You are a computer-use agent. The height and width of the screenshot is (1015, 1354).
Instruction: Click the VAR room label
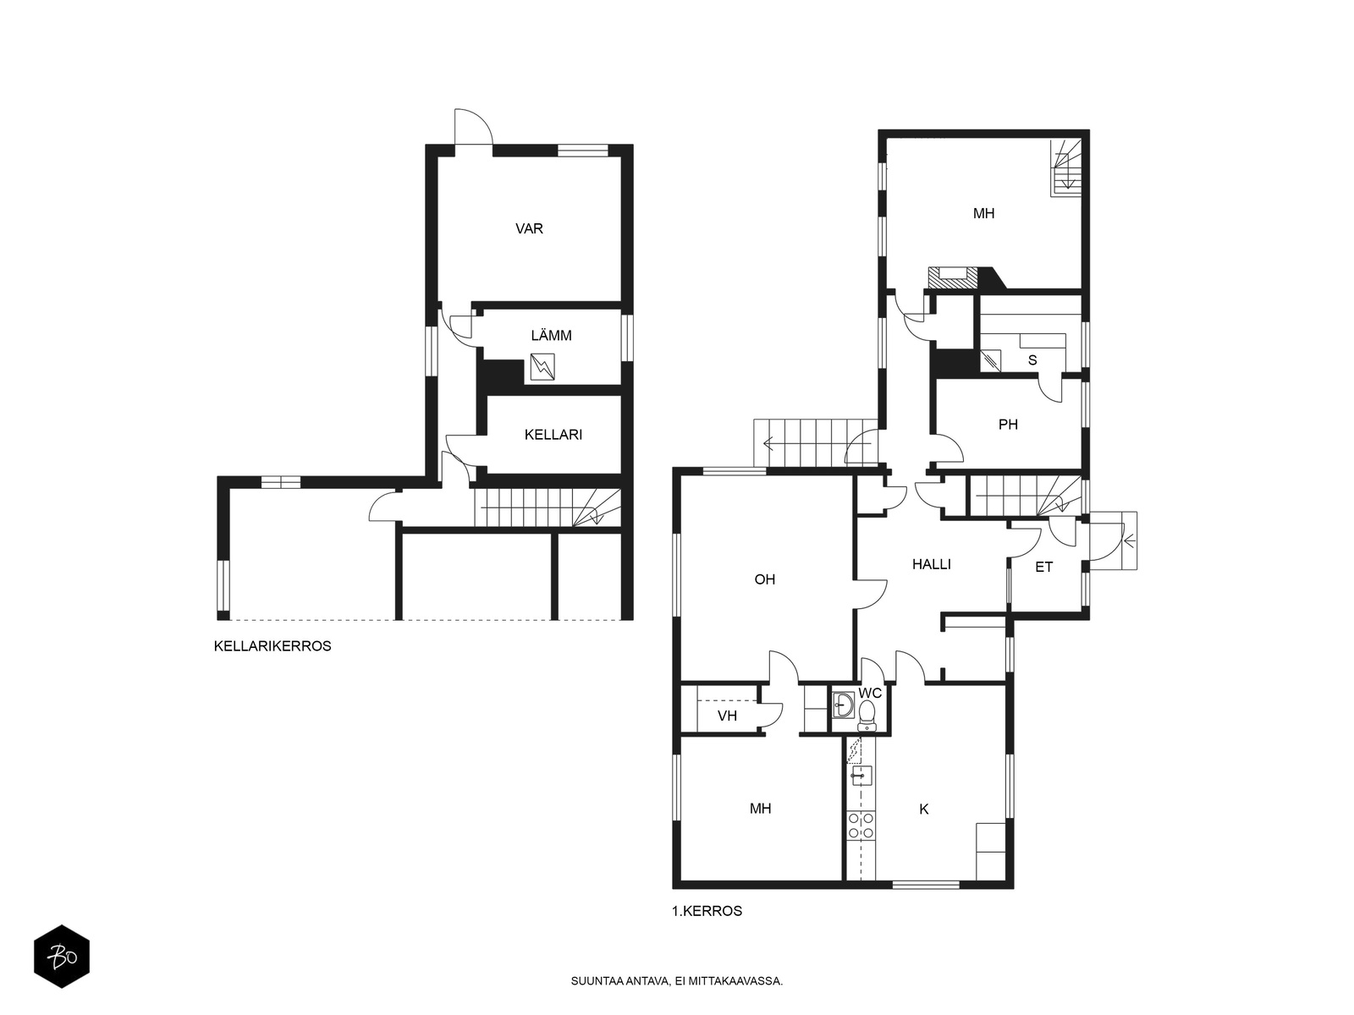[x=529, y=228]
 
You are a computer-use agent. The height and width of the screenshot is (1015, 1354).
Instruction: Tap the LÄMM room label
[x=551, y=335]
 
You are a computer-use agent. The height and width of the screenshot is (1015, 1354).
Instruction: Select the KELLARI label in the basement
[x=553, y=435]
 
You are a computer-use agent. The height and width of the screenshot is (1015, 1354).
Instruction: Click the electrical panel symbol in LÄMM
[x=542, y=367]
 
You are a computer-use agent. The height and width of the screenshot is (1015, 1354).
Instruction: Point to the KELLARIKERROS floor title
[x=272, y=646]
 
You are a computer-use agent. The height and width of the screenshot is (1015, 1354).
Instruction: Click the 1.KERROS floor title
[x=707, y=911]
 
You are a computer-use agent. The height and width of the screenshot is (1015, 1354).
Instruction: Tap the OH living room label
[x=765, y=579]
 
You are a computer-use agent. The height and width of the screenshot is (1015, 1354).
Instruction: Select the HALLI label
[x=932, y=564]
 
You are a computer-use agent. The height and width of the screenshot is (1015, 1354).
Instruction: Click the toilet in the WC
[x=867, y=716]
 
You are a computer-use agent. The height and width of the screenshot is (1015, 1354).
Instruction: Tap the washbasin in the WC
[x=843, y=705]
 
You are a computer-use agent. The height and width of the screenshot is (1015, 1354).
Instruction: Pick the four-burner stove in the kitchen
[x=861, y=826]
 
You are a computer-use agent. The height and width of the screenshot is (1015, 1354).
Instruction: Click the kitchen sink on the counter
[x=861, y=776]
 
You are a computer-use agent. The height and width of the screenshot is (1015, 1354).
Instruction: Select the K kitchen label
[x=924, y=809]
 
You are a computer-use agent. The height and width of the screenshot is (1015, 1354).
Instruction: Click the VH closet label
[x=727, y=716]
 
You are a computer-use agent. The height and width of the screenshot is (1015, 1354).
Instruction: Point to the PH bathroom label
[x=1008, y=424]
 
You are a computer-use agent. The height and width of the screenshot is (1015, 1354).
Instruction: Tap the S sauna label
[x=1032, y=360]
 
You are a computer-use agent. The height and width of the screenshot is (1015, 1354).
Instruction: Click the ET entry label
[x=1043, y=567]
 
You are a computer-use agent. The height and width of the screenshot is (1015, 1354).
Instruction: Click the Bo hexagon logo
[x=62, y=957]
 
